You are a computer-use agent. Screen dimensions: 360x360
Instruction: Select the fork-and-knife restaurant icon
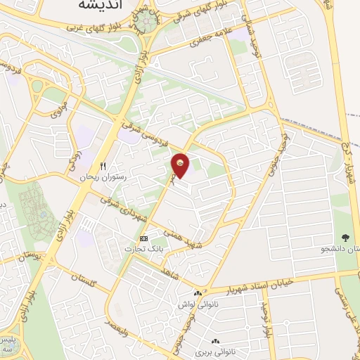pos(102,167)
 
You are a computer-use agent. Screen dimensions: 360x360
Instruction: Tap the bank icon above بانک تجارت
pos(143,238)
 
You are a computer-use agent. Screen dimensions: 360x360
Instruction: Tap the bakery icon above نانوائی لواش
pos(197,294)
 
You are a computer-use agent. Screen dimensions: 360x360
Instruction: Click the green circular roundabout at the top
pos(146,23)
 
